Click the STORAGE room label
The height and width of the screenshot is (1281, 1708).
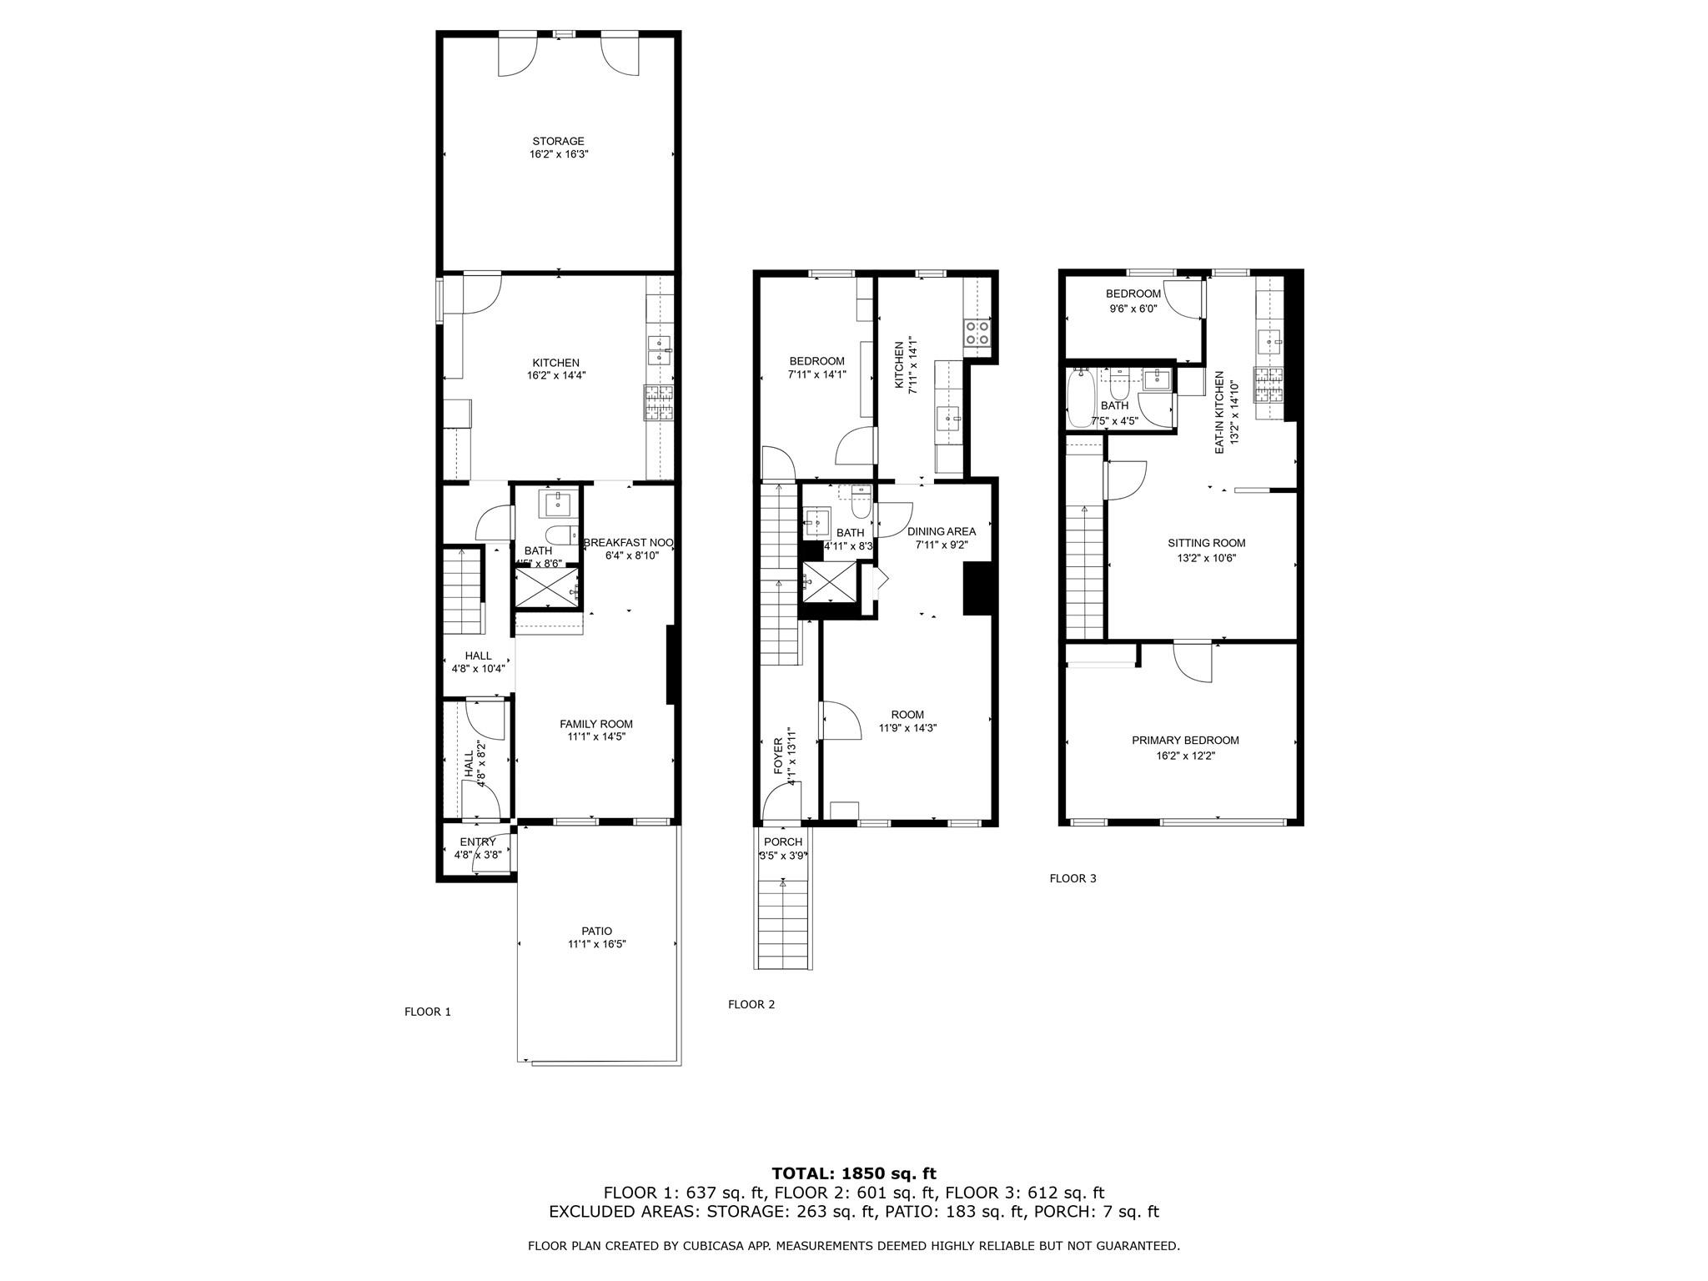[x=558, y=141]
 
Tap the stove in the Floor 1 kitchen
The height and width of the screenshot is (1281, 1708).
[x=658, y=402]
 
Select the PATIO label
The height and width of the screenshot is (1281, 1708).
[x=596, y=931]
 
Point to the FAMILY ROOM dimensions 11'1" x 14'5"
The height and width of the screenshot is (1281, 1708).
[x=596, y=737]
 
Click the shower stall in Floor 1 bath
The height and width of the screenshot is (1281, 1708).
[x=546, y=586]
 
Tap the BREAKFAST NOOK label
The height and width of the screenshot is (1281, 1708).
[x=628, y=542]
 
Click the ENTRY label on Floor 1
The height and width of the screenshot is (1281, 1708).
[x=477, y=842]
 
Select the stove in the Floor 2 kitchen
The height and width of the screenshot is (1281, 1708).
[x=977, y=334]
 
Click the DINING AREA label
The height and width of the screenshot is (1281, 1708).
[x=941, y=531]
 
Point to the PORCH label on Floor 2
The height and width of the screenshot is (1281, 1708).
[x=782, y=842]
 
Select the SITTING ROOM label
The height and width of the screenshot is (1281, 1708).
[x=1206, y=543]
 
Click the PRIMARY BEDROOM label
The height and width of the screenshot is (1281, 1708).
[x=1184, y=740]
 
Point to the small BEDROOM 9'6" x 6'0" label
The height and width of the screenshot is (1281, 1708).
[x=1133, y=294]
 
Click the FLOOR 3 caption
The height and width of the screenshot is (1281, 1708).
[x=1073, y=878]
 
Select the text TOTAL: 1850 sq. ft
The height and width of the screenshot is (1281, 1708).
[x=853, y=1174]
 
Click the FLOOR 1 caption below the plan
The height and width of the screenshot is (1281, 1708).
[x=427, y=1012]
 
